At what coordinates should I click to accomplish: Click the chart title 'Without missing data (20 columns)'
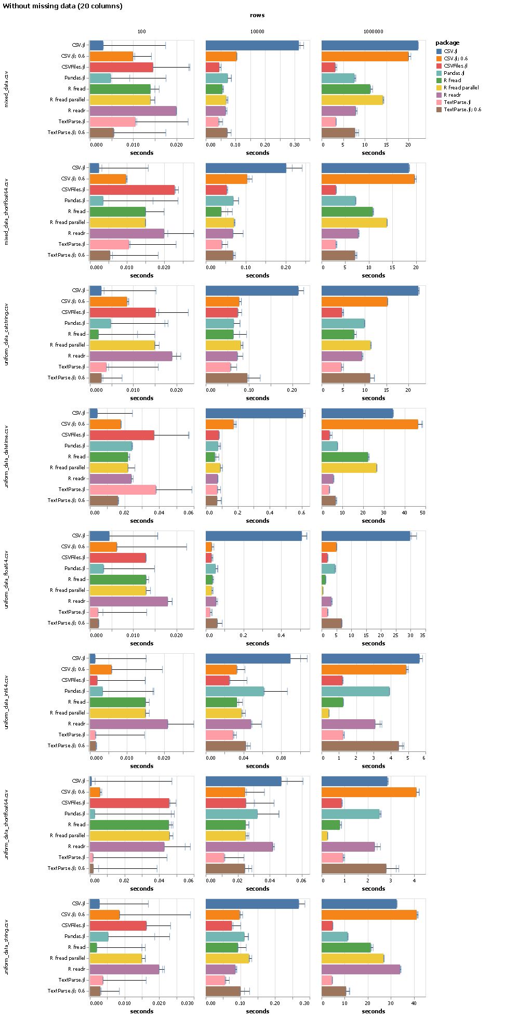point(63,6)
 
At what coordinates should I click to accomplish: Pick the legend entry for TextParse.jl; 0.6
point(462,109)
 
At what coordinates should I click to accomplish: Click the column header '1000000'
point(373,32)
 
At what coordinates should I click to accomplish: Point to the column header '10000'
point(257,32)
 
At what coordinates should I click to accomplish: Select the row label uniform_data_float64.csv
point(6,579)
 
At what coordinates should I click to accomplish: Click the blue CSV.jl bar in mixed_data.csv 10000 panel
point(252,45)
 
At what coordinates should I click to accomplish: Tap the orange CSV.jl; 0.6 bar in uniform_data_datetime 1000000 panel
point(369,424)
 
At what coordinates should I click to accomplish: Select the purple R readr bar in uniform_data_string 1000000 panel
point(361,969)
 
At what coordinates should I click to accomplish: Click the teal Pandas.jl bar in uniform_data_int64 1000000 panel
point(355,691)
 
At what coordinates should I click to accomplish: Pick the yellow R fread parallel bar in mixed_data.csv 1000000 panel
point(352,100)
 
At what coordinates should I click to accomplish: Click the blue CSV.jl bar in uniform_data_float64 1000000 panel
point(366,536)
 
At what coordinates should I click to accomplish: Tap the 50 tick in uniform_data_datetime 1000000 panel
point(422,512)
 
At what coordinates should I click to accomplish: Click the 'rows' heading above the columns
point(257,16)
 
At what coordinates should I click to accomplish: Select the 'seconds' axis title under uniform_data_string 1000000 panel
point(373,1011)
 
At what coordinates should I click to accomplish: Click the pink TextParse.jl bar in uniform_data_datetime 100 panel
point(123,489)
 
